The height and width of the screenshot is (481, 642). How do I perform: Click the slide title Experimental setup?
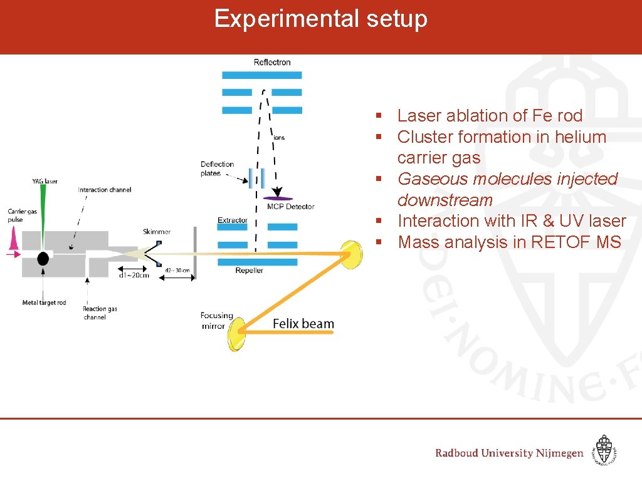(320, 19)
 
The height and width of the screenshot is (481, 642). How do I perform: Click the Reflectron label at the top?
(272, 62)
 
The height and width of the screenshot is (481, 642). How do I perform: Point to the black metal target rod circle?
(43, 258)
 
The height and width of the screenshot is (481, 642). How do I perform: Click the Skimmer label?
(156, 232)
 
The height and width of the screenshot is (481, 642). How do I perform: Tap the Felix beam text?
(303, 324)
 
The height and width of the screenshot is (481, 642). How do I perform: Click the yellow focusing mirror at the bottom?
(236, 334)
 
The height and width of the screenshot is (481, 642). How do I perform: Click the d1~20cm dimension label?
(134, 275)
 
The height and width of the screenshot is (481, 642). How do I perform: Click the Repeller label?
(249, 271)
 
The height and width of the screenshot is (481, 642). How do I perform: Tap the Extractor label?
(233, 220)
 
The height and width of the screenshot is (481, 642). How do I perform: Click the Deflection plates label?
(217, 168)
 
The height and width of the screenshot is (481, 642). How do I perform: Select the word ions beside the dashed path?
(279, 137)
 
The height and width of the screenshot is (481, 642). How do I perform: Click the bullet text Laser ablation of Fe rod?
(490, 116)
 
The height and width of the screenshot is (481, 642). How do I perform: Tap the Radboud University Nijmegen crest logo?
(604, 450)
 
